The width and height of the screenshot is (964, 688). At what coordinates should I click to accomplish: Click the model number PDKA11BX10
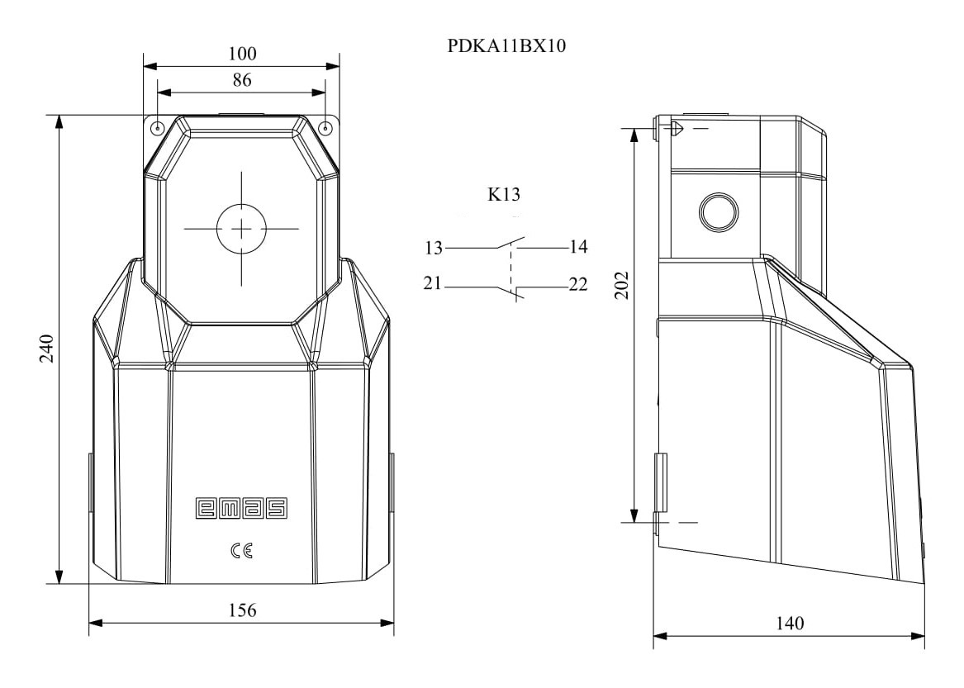pos(506,46)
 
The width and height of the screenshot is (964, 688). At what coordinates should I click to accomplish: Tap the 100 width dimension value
pos(242,54)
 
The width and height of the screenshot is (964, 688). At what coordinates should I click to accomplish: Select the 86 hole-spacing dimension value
pos(242,80)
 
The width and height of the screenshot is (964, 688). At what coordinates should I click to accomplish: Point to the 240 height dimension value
pos(47,348)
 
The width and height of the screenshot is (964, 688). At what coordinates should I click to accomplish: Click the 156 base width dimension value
pos(242,610)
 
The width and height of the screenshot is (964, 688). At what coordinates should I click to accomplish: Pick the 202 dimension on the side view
pos(622,285)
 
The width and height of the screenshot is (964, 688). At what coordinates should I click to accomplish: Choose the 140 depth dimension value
pos(790,624)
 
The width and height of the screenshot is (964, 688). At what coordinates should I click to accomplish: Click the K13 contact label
pos(504,194)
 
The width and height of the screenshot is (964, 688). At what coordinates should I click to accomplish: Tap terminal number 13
pos(434,248)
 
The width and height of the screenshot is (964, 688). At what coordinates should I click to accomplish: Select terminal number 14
pos(578,247)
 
